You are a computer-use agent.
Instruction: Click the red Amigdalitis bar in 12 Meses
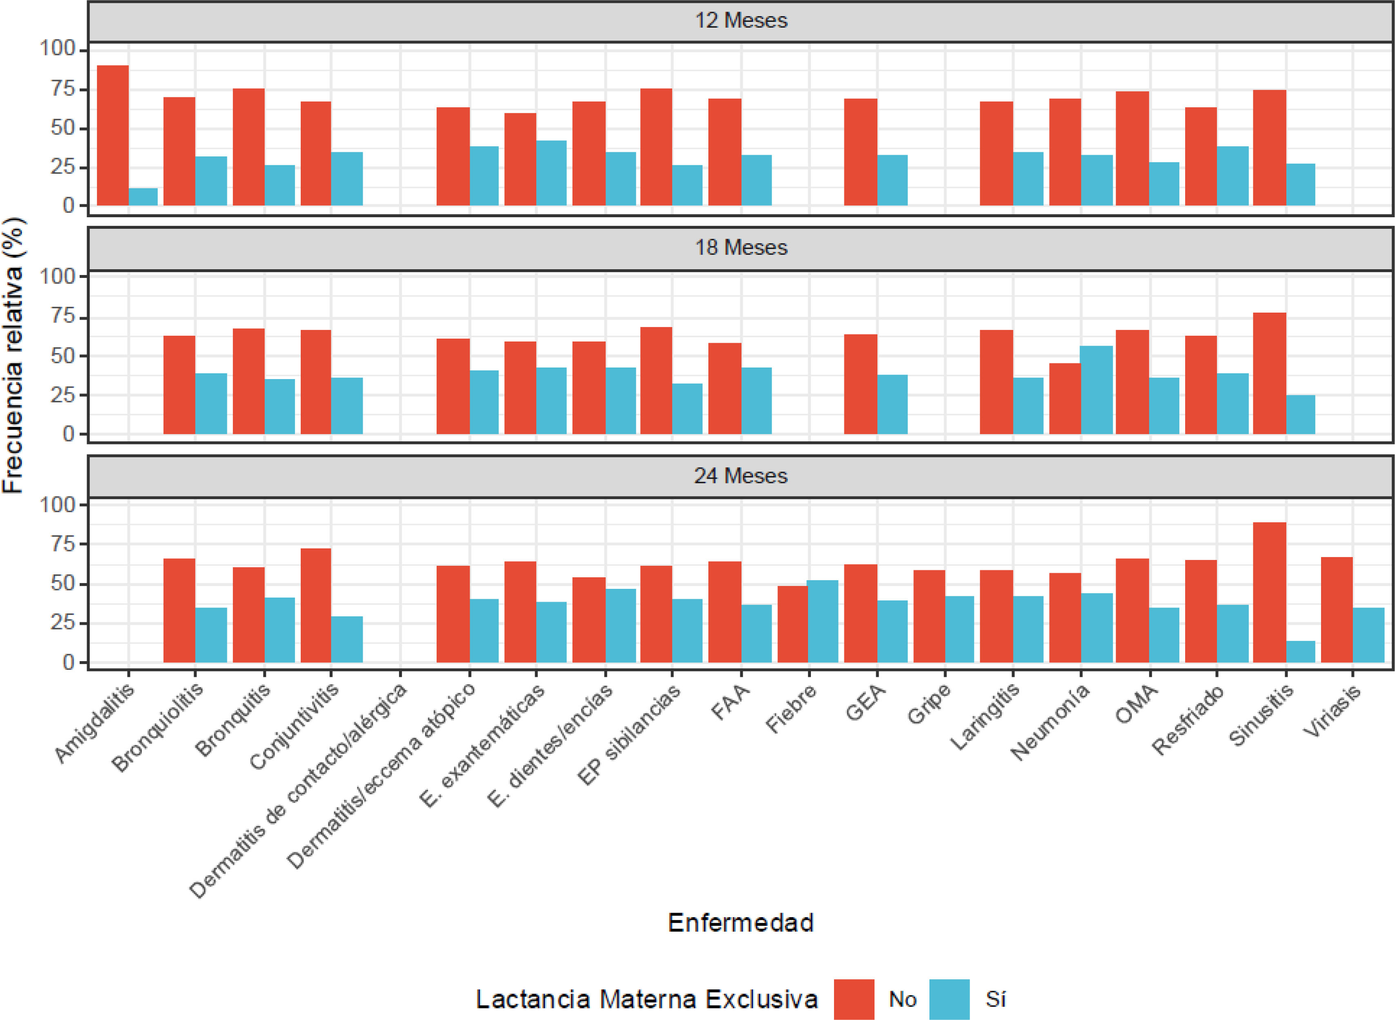113,135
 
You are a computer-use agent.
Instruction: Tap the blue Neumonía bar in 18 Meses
1097,390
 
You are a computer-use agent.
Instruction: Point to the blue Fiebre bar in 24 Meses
823,621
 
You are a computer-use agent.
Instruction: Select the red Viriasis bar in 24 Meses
1337,609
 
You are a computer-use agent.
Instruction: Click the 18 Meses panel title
741,248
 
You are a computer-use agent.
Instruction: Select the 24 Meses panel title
741,476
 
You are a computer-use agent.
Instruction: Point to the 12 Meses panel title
741,20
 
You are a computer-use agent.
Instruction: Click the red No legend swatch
854,999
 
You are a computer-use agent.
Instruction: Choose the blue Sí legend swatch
950,999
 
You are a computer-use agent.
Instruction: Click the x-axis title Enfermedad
741,922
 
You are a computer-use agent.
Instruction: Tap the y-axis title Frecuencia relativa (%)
13,355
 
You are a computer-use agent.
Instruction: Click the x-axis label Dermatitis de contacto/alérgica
298,791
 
